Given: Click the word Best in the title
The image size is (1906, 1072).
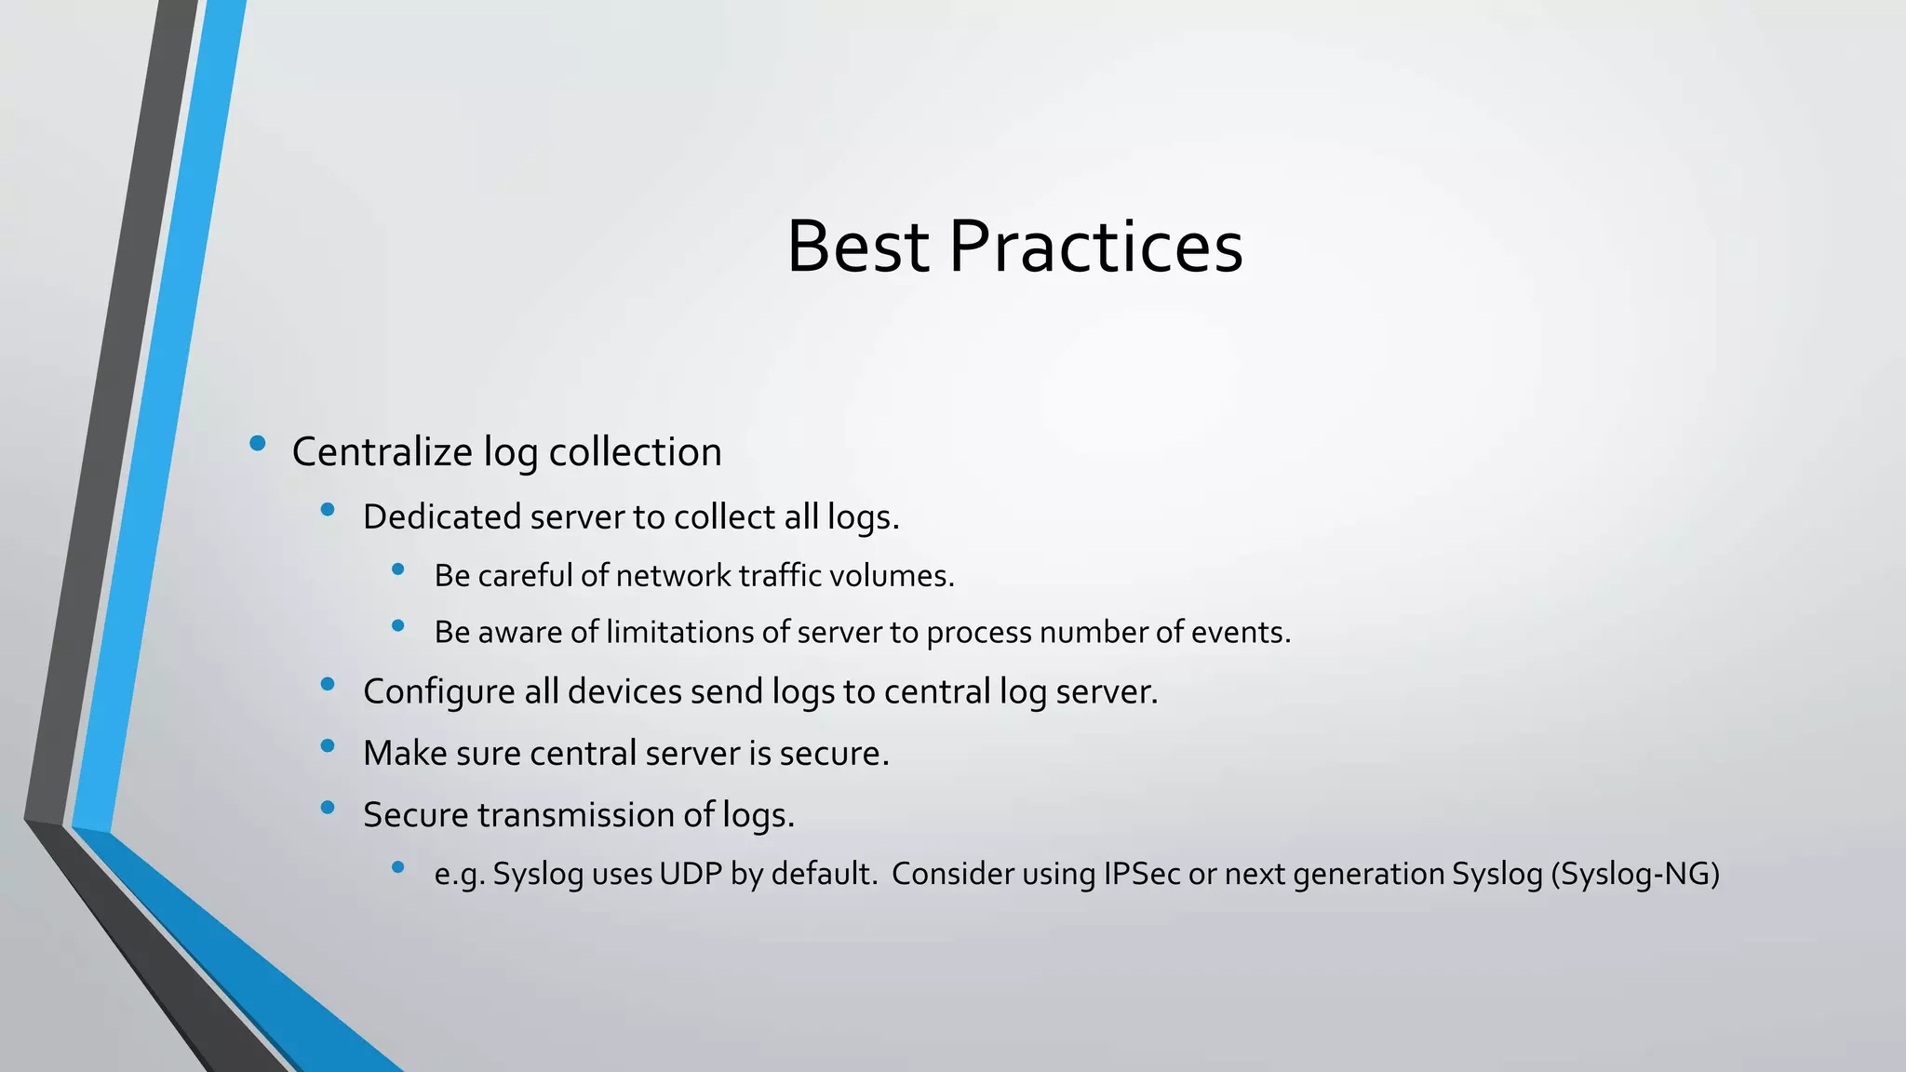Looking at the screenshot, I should [x=857, y=247].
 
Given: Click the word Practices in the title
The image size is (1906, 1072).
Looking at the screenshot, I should [x=1095, y=247].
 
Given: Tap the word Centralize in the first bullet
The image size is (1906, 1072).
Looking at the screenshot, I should [x=383, y=452].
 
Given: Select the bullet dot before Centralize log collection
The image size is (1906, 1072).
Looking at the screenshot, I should [x=258, y=444].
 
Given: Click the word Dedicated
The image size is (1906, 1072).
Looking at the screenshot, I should [x=441, y=517].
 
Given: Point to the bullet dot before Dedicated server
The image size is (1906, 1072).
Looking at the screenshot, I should [x=327, y=509].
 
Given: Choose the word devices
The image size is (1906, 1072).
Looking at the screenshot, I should [x=624, y=692].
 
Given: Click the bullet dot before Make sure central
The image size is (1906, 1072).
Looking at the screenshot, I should [x=327, y=745].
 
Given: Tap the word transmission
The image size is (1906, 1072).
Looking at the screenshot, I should [x=576, y=815].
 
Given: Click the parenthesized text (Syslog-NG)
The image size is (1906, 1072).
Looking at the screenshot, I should [x=1635, y=875].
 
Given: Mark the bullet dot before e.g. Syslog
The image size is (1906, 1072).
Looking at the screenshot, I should [x=398, y=867].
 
